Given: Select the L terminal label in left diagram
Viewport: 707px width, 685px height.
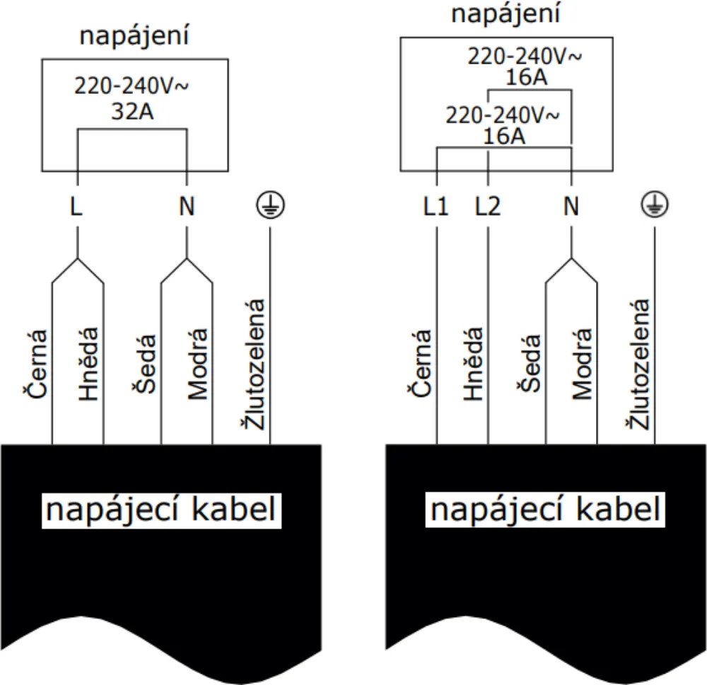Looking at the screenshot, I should [76, 207].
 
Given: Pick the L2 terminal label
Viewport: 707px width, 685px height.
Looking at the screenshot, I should [488, 207].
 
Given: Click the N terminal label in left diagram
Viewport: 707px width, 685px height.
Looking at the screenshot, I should [187, 207].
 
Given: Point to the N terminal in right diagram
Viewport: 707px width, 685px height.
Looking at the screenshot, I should [571, 207].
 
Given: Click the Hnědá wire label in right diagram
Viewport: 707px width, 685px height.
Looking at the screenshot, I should [473, 364].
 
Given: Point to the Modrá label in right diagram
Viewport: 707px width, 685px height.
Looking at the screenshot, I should [581, 364].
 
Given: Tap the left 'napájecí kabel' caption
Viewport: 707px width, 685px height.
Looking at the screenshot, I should [162, 510].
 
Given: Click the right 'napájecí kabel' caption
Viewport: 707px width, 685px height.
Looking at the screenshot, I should [546, 510].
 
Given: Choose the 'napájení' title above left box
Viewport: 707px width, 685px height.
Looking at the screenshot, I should [134, 37].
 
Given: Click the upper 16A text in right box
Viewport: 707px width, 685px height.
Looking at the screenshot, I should [526, 76].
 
